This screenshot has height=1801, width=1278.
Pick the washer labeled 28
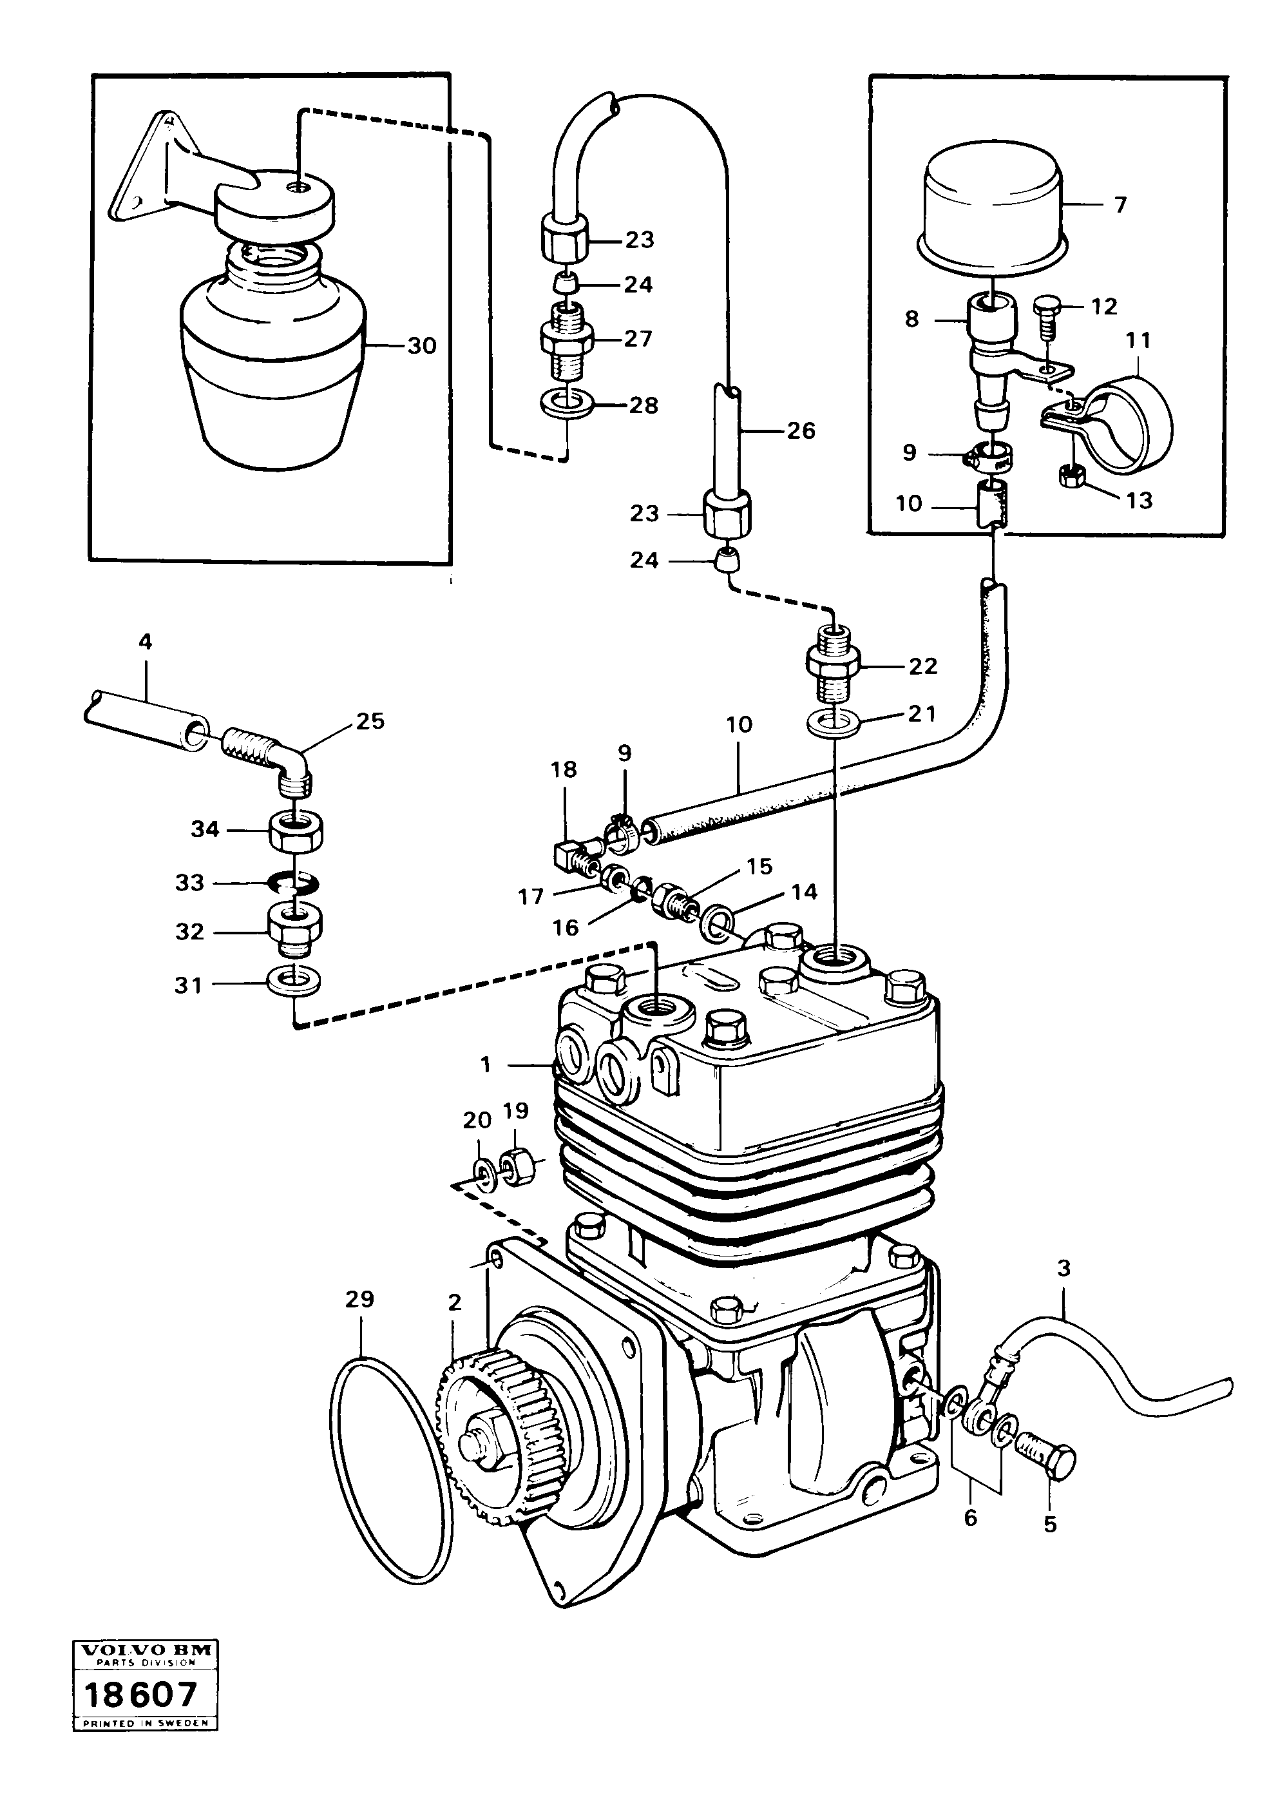coord(568,405)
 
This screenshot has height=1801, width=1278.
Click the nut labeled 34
coord(299,831)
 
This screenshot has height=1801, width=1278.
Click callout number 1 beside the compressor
coord(486,1065)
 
